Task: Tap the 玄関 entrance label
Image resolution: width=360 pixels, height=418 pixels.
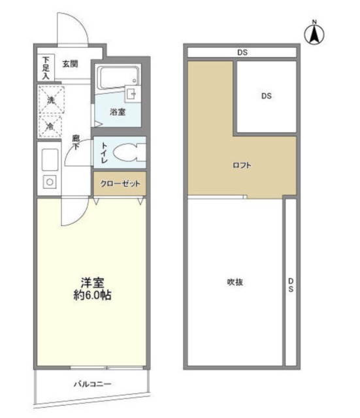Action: (70, 63)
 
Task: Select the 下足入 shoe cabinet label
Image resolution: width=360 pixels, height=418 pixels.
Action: (45, 68)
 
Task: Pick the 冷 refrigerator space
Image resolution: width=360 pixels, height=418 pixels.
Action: (50, 125)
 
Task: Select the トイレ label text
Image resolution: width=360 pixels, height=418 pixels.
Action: (103, 154)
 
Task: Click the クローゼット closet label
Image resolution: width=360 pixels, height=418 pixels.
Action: (120, 184)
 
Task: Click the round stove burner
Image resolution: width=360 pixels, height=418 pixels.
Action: (49, 182)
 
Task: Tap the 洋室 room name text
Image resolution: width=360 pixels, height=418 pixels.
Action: (90, 282)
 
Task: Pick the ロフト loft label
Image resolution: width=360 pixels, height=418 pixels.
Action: (242, 165)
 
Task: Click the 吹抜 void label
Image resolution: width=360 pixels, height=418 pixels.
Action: (235, 281)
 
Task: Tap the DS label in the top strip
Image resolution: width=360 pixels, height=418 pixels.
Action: (242, 52)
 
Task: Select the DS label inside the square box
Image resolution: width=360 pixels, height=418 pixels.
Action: (266, 96)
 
